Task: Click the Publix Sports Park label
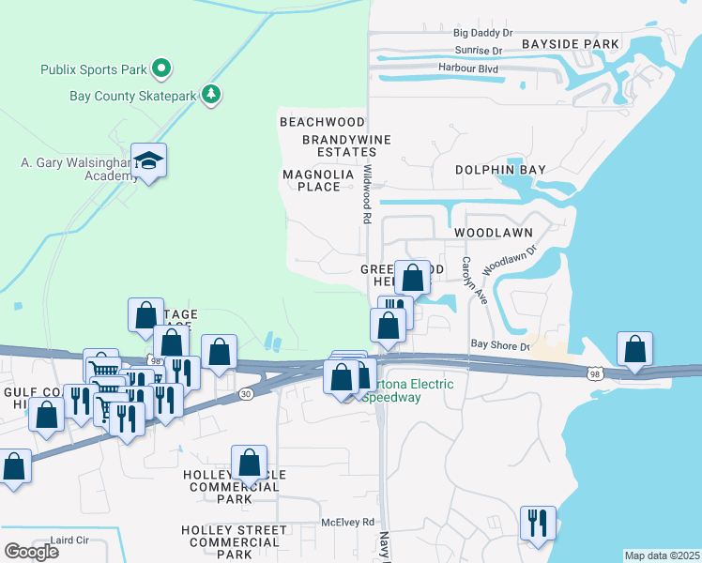coord(93,69)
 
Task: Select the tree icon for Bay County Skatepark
coord(212,94)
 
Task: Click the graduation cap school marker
coord(148,163)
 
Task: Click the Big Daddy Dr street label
coord(482,33)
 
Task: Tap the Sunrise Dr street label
coord(479,51)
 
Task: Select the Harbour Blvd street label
coord(467,68)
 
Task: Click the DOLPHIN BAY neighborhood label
coord(500,170)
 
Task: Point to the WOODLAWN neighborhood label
coord(494,232)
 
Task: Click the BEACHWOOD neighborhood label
coord(322,122)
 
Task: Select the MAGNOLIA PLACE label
coord(319,180)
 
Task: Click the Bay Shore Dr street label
coord(500,345)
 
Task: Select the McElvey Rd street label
coord(347,522)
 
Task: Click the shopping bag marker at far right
coord(635,348)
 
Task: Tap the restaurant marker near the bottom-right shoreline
coord(538,522)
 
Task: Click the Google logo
coord(31,552)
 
